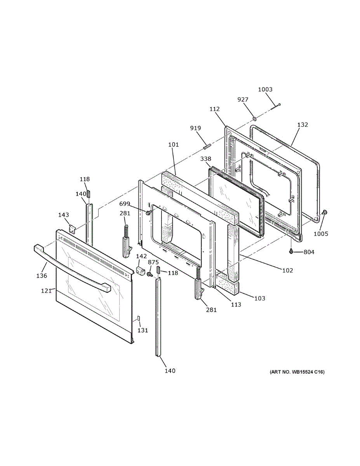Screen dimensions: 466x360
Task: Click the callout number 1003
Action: point(265,89)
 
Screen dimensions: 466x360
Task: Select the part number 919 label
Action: point(195,128)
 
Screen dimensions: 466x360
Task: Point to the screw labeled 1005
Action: point(325,212)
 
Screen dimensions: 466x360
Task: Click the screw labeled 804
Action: point(291,252)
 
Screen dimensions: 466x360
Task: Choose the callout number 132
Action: point(303,125)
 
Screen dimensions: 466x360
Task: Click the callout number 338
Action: point(205,159)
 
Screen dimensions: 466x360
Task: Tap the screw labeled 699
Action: point(148,213)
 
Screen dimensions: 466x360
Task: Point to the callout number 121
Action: point(46,290)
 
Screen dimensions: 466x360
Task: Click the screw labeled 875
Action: point(149,274)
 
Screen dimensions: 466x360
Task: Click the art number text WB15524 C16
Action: point(297,372)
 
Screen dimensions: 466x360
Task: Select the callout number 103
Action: point(260,298)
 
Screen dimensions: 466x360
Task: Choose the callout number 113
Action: point(236,304)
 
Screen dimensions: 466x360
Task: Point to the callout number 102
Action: point(287,270)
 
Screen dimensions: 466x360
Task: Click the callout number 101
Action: point(173,145)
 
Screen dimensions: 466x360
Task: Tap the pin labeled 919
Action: point(207,147)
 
